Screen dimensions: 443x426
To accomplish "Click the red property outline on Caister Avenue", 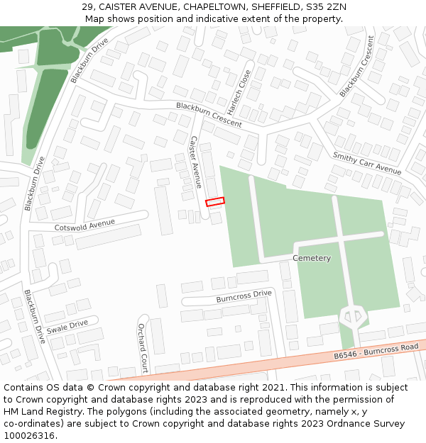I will click(214, 202).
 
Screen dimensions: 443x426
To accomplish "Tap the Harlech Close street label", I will click(242, 91).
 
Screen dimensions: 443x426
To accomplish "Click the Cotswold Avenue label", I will click(84, 225).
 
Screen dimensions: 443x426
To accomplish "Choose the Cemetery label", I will click(312, 258).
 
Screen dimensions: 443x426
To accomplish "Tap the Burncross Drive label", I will click(244, 296).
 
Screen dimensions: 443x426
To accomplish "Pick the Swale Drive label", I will click(67, 327).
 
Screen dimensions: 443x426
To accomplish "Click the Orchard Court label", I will click(142, 348).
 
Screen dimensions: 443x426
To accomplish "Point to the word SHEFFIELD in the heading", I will click(273, 7).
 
